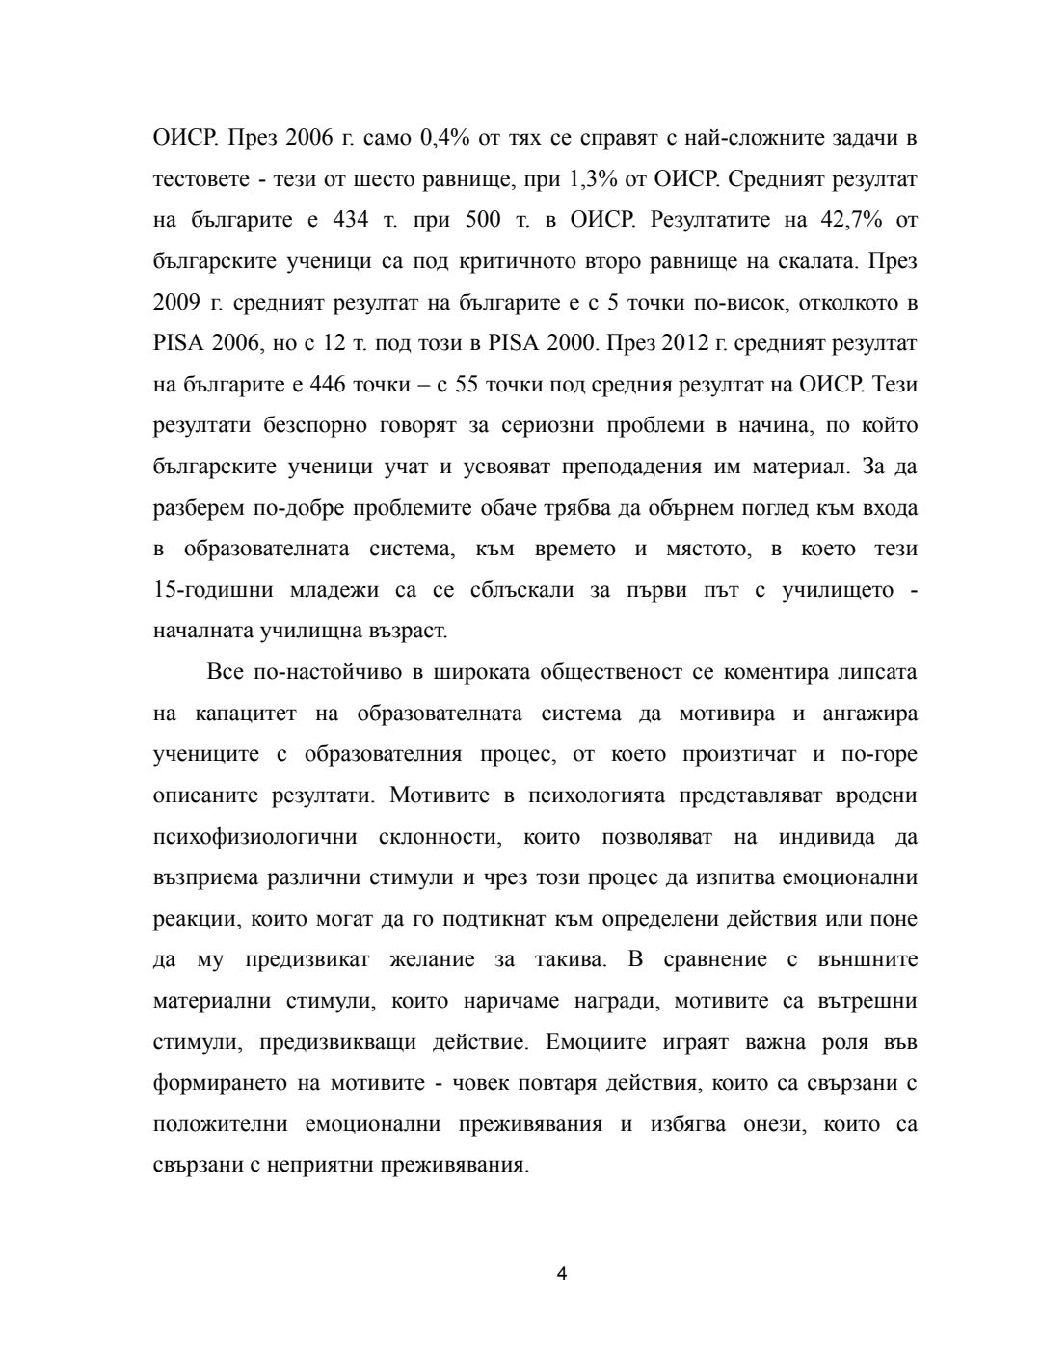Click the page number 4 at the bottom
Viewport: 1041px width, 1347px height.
[562, 1273]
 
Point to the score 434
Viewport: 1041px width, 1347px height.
[350, 220]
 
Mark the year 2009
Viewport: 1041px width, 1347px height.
[175, 303]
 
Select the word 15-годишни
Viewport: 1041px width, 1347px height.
[213, 590]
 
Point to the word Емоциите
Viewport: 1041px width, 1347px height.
[588, 1042]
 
